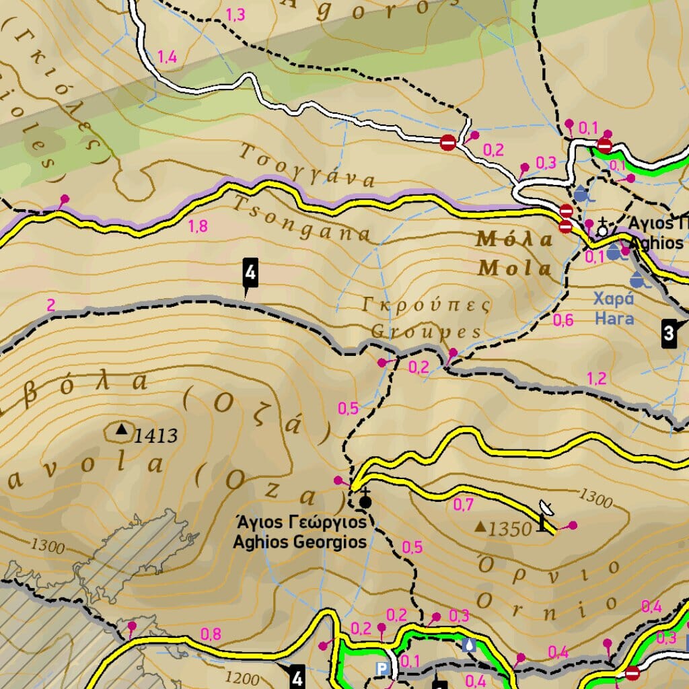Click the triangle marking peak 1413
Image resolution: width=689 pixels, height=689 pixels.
(122, 429)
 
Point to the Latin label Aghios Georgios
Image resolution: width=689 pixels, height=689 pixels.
(299, 542)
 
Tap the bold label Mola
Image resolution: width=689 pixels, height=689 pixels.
(515, 268)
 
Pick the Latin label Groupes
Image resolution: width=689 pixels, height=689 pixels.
(426, 332)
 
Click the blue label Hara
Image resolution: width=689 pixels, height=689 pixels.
(614, 318)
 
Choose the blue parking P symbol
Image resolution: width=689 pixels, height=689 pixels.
(382, 669)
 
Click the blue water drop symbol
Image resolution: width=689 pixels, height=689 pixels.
(469, 645)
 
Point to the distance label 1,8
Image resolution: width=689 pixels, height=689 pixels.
(198, 226)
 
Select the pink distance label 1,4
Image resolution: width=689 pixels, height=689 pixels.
(167, 57)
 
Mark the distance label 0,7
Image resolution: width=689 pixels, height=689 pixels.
(464, 504)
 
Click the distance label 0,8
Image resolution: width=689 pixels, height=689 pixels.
(211, 633)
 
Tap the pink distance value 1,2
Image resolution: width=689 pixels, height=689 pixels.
(597, 378)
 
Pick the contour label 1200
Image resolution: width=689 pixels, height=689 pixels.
(241, 677)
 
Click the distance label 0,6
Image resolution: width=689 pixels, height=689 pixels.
(563, 320)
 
